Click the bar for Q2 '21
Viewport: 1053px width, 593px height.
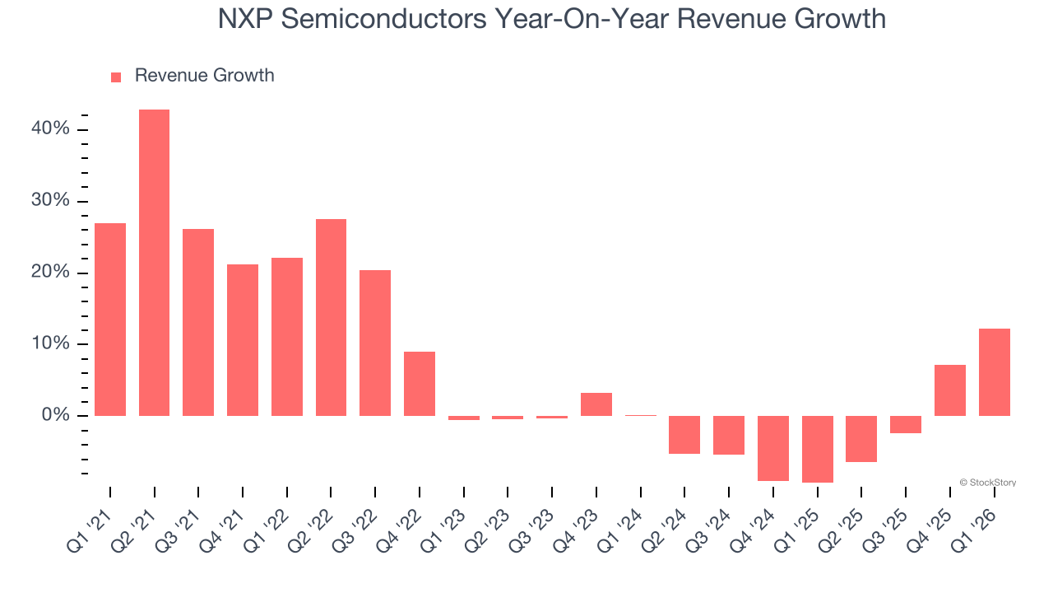[x=154, y=263]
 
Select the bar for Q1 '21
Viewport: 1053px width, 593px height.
[x=110, y=320]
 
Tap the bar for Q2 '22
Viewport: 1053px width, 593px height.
[x=331, y=317]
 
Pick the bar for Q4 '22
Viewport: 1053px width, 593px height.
[x=420, y=384]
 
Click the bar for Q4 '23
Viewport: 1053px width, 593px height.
[x=596, y=404]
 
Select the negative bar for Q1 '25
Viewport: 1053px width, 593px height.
[x=817, y=449]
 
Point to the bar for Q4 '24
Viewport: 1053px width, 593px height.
[x=773, y=448]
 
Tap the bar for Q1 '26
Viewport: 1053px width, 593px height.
[x=994, y=372]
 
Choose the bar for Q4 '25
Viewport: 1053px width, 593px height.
[x=949, y=390]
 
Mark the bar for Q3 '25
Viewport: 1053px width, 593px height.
[x=906, y=424]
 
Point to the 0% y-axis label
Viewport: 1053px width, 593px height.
[x=56, y=416]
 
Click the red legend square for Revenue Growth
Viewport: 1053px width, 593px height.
[x=116, y=77]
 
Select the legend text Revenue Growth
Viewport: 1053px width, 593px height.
[x=204, y=76]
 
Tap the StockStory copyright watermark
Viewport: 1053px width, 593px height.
[x=987, y=483]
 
